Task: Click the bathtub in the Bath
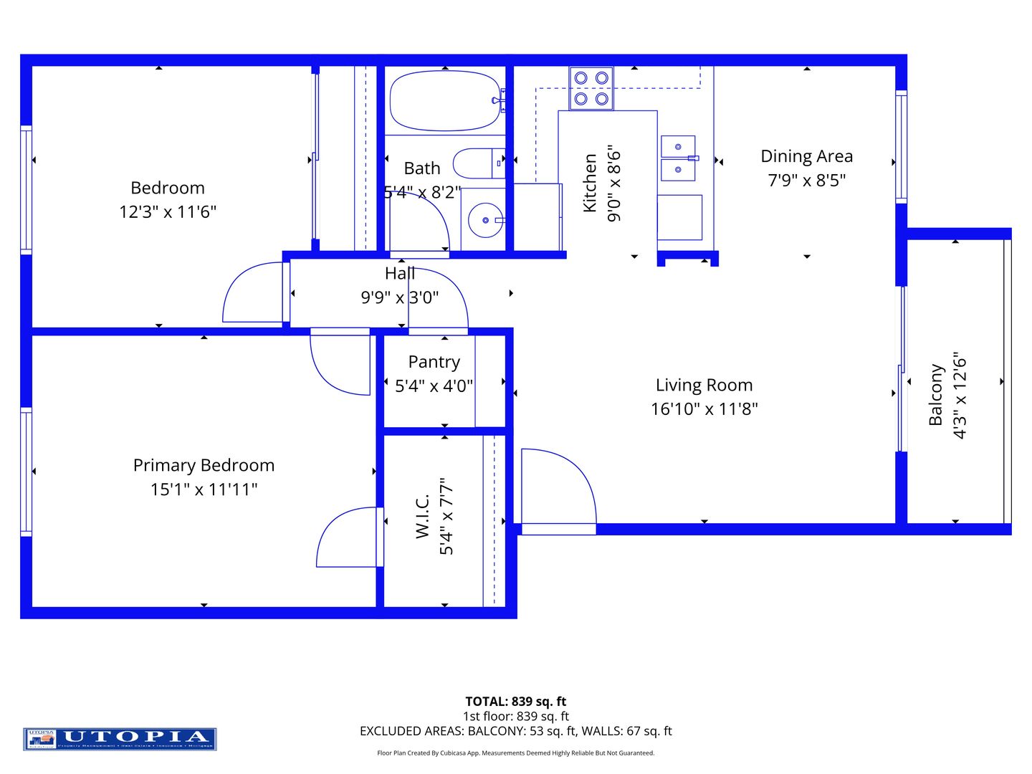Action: click(x=444, y=100)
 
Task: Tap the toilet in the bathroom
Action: click(x=478, y=163)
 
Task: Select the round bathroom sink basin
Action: click(x=485, y=220)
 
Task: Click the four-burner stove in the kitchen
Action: click(x=591, y=88)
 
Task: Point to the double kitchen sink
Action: click(x=678, y=158)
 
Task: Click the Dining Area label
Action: click(x=806, y=156)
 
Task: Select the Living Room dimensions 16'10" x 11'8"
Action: click(x=704, y=409)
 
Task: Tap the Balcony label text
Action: click(x=935, y=395)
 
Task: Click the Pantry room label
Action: click(x=434, y=362)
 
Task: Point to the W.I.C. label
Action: click(x=422, y=516)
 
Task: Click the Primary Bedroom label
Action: click(x=204, y=465)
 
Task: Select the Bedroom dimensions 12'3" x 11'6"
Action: click(x=168, y=212)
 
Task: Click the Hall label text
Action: click(x=399, y=273)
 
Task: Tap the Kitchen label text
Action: click(x=590, y=183)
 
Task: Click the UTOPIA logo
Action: click(x=120, y=738)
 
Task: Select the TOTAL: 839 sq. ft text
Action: click(x=515, y=702)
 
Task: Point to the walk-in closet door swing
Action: click(x=348, y=537)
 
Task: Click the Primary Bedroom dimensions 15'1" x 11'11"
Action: click(x=204, y=489)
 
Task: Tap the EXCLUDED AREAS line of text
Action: click(x=515, y=731)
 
